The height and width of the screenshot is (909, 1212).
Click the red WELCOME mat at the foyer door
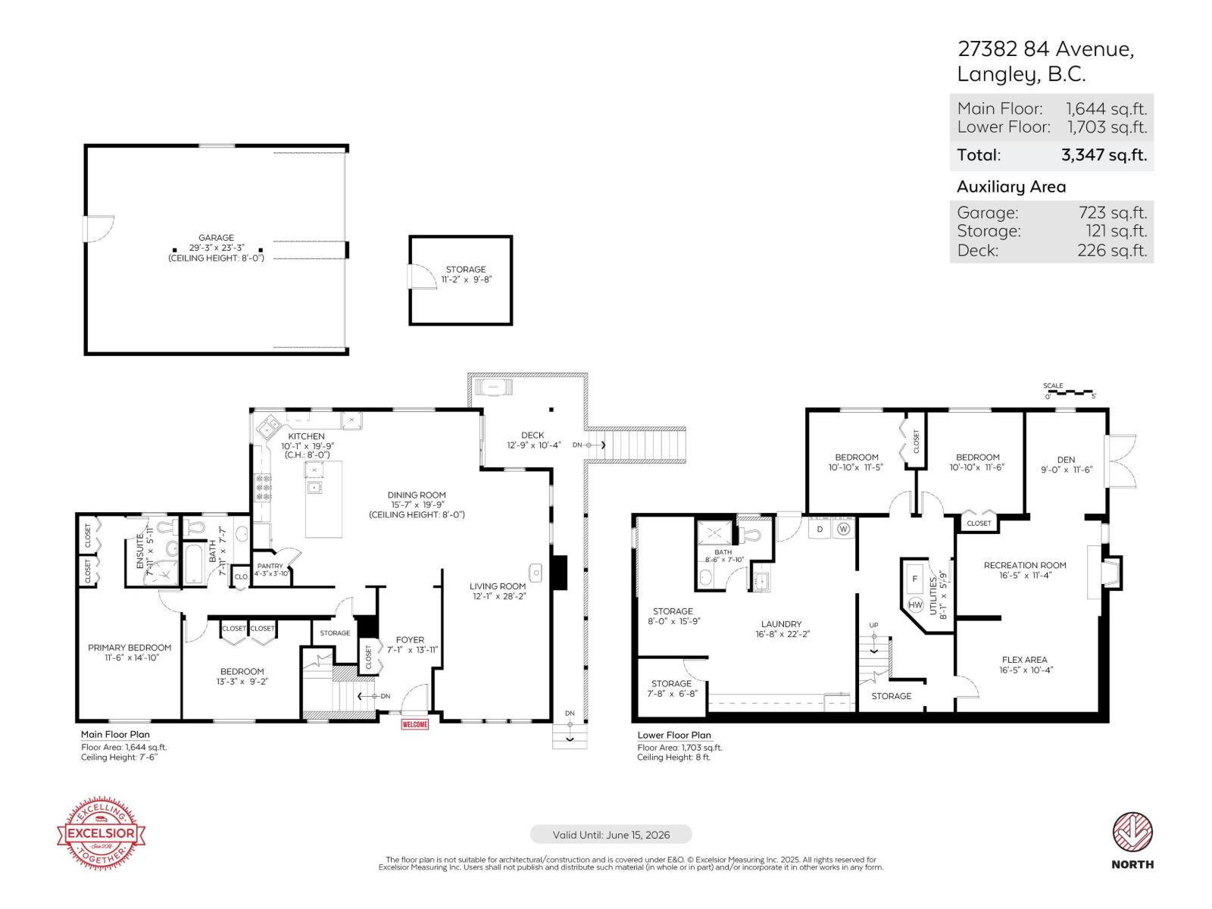tap(414, 725)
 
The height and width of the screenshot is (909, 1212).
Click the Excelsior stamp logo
tap(102, 833)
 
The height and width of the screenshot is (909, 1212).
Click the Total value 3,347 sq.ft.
tap(1104, 155)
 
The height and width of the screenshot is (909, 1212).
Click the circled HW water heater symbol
tap(915, 604)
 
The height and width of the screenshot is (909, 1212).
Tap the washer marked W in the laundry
tap(844, 529)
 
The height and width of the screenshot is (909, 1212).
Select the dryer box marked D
tap(820, 529)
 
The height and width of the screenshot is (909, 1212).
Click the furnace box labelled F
tap(914, 579)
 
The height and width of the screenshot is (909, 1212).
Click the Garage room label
tap(216, 238)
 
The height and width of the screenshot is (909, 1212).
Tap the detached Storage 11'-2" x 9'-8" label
tap(465, 274)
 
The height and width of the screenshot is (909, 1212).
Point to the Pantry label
tap(270, 567)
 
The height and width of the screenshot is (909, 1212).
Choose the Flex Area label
tap(1024, 660)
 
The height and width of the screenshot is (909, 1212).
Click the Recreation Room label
tap(1024, 565)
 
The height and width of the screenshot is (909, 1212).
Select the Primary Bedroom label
tap(130, 648)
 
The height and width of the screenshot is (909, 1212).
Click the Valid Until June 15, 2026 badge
tap(611, 835)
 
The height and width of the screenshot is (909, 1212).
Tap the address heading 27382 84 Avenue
tap(1045, 49)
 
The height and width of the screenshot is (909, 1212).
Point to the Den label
tap(1066, 460)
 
